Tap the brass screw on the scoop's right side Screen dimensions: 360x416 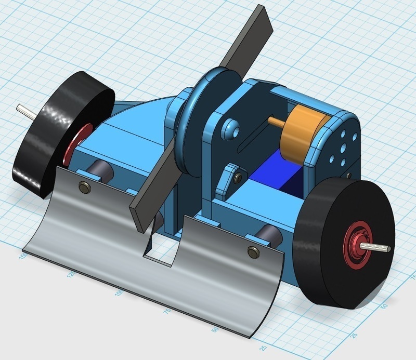[253, 252]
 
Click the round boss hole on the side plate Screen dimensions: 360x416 [229, 127]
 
